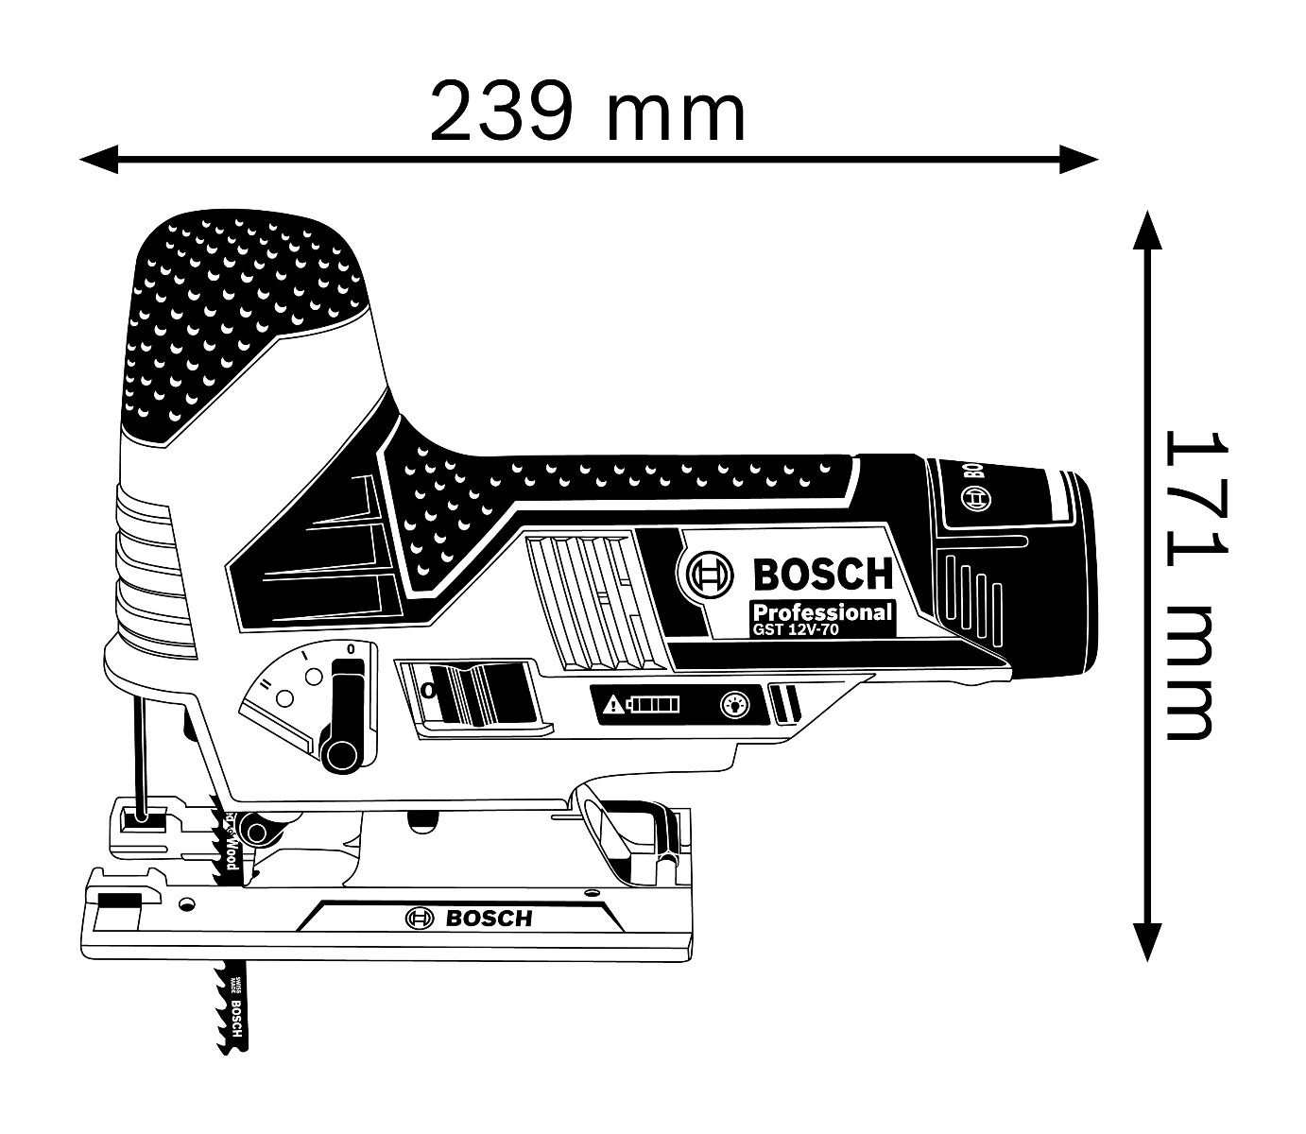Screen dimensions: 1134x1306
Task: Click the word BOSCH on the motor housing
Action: pyautogui.click(x=822, y=574)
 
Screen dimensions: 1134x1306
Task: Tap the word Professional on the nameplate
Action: pyautogui.click(x=821, y=611)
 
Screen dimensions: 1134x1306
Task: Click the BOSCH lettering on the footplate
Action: pyautogui.click(x=489, y=918)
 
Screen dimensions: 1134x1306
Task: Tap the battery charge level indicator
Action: pyautogui.click(x=656, y=703)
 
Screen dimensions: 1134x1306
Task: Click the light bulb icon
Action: pyautogui.click(x=734, y=703)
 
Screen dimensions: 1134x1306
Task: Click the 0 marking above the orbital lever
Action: pyautogui.click(x=351, y=649)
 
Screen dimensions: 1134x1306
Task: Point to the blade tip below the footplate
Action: pyautogui.click(x=232, y=1044)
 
